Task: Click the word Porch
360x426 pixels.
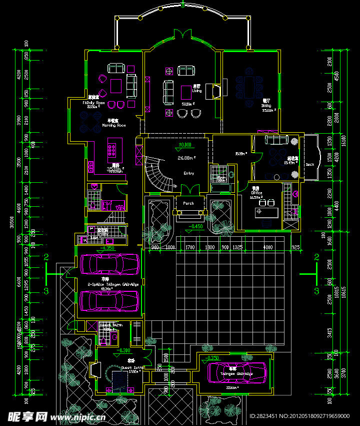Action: tap(188, 203)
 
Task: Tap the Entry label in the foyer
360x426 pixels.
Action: tap(188, 173)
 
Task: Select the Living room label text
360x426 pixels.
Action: tap(197, 91)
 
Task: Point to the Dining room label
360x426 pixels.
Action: tap(266, 106)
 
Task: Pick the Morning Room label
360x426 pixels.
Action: tap(113, 125)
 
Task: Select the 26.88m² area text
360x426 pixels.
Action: tap(186, 157)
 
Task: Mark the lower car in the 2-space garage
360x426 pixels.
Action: tap(109, 300)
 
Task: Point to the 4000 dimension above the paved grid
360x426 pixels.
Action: tap(268, 247)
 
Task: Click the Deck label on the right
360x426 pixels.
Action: tap(310, 164)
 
